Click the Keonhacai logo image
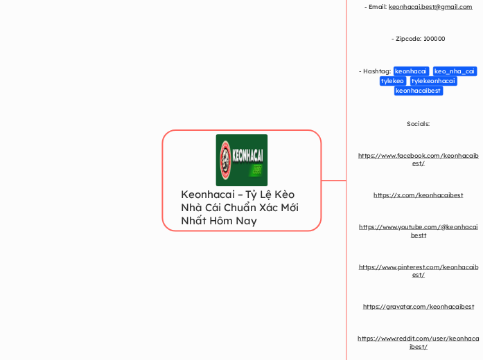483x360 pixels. click(241, 160)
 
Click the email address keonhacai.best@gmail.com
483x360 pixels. click(430, 7)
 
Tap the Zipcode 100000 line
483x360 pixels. click(418, 39)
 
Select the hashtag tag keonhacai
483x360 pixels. click(411, 71)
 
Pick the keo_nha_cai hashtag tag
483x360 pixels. click(455, 71)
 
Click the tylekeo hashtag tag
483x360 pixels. click(392, 81)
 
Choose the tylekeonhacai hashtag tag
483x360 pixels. click(433, 81)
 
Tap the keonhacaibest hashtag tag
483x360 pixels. click(418, 91)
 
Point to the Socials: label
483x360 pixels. click(418, 124)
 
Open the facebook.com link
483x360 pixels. click(418, 159)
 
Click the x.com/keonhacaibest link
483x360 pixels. click(418, 195)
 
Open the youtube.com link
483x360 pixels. click(418, 231)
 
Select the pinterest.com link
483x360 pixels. click(418, 270)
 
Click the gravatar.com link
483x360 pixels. click(418, 306)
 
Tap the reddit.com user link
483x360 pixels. click(418, 342)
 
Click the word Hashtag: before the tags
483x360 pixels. click(375, 71)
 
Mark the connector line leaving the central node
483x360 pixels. click(333, 181)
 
